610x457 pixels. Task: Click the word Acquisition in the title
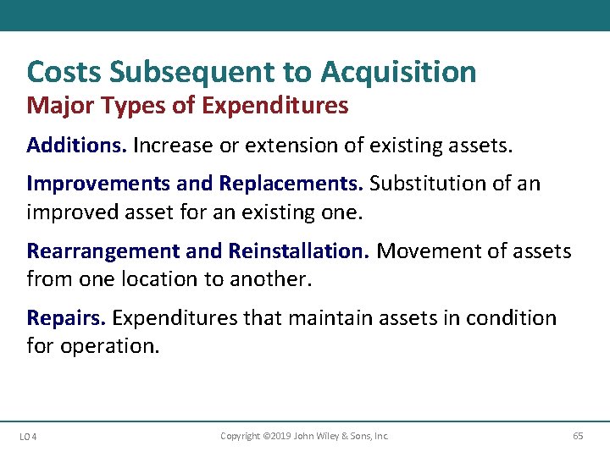click(x=398, y=73)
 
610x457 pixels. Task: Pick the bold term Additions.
click(x=76, y=146)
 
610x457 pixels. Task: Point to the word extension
click(x=298, y=146)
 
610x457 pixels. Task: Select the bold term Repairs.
click(x=66, y=318)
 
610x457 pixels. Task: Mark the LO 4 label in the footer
click(x=27, y=437)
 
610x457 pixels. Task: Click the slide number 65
click(x=578, y=436)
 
